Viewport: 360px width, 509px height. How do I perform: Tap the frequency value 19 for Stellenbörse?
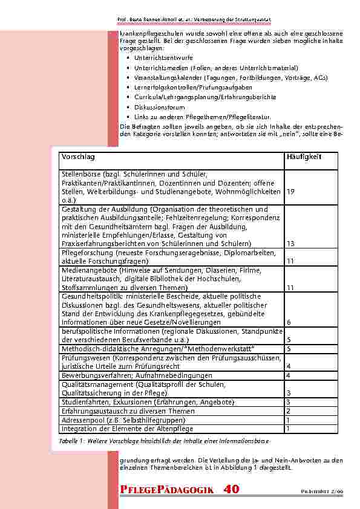click(x=291, y=192)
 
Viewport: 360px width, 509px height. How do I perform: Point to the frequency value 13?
click(x=290, y=244)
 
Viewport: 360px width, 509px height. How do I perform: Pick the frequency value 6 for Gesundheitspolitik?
click(x=289, y=322)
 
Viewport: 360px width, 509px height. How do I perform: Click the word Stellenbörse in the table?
click(x=81, y=172)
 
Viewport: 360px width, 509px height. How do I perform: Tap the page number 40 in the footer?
click(x=231, y=490)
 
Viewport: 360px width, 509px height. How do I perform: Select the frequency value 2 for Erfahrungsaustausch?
click(x=289, y=411)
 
